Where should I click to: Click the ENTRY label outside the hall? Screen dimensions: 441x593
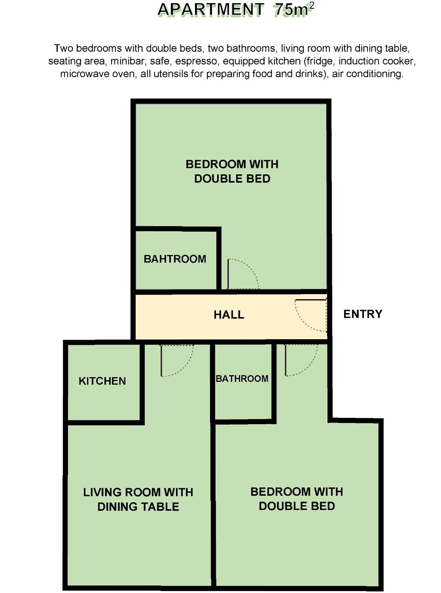tap(363, 314)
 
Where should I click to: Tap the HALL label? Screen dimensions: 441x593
tap(229, 315)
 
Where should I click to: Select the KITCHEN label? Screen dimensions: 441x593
tap(102, 381)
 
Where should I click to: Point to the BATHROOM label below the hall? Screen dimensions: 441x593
tap(242, 379)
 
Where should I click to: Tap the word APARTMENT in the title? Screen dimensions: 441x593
tap(211, 10)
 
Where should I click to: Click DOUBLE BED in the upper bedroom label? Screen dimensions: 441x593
tap(232, 179)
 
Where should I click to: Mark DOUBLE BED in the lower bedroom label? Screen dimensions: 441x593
tap(297, 506)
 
